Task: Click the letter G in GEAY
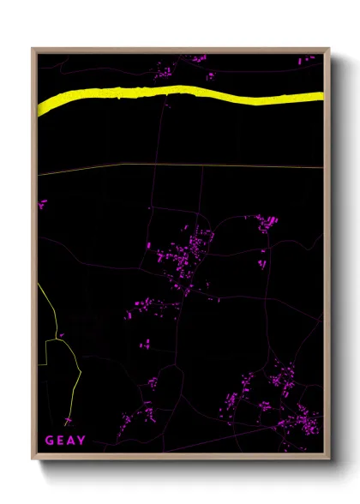point(50,441)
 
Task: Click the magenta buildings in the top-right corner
point(308,61)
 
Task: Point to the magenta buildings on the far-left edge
point(42,204)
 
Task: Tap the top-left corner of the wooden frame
point(33,49)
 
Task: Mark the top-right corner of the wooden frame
point(330,49)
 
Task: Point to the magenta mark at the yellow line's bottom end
point(67,421)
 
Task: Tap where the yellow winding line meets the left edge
point(39,285)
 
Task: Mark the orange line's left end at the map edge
point(39,175)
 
